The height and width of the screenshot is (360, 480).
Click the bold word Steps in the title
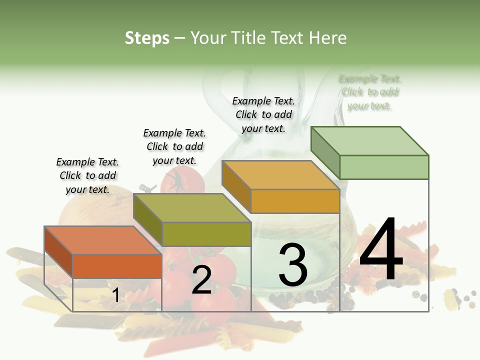click(x=147, y=38)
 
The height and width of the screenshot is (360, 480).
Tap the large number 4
click(x=381, y=250)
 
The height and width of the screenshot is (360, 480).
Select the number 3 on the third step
click(x=293, y=264)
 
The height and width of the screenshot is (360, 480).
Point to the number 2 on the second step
click(x=201, y=280)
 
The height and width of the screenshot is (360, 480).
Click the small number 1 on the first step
click(x=115, y=295)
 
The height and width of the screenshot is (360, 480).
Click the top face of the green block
click(x=370, y=140)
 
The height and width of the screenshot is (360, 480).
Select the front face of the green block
click(x=384, y=167)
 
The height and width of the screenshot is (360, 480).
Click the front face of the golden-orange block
click(x=295, y=201)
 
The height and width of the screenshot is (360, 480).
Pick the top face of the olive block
click(x=192, y=208)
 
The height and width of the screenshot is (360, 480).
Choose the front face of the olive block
click(x=206, y=234)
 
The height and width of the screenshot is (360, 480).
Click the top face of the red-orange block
click(x=103, y=240)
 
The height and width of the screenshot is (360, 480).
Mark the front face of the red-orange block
click(x=117, y=266)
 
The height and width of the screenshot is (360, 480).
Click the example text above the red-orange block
click(x=87, y=175)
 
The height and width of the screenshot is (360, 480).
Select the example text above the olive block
click(x=174, y=146)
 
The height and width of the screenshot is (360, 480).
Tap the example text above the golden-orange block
click(x=263, y=114)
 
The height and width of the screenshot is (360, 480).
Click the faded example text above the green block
click(x=370, y=92)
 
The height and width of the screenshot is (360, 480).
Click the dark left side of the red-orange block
click(x=58, y=251)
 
